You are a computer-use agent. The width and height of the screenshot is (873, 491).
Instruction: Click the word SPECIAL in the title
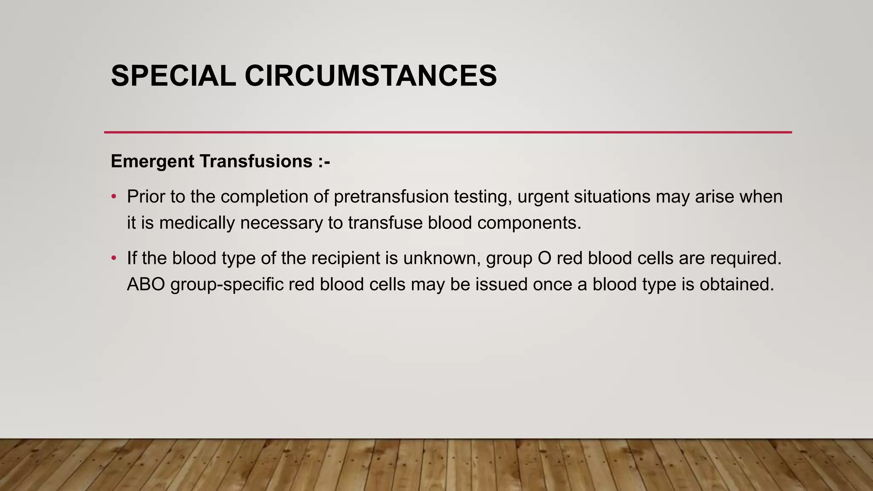(x=173, y=76)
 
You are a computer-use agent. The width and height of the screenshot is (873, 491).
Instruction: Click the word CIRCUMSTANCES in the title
(x=370, y=76)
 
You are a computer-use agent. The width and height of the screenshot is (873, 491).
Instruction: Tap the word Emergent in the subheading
(x=153, y=162)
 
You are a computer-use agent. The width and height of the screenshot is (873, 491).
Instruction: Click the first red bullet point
(x=113, y=197)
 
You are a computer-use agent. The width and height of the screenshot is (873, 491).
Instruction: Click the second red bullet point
(x=113, y=258)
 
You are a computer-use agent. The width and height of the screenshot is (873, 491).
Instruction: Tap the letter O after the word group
(x=545, y=258)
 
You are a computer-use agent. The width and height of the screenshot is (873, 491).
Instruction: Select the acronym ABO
(x=146, y=285)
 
